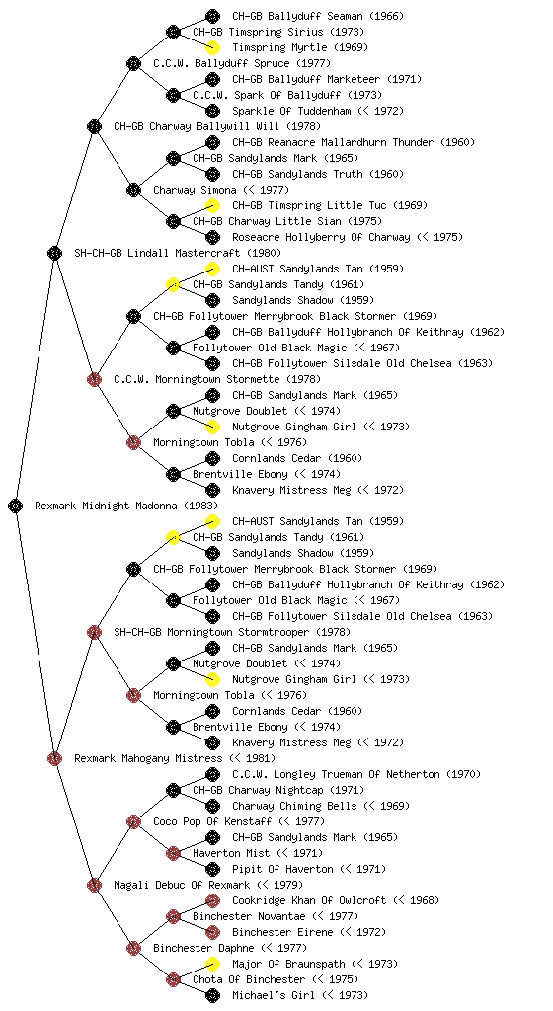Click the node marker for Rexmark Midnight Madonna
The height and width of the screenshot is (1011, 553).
[x=16, y=505]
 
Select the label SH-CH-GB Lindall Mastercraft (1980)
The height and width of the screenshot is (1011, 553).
[x=177, y=253]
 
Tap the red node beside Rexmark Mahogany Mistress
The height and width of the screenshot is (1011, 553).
[x=54, y=758]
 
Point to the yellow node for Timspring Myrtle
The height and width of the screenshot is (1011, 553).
[x=212, y=47]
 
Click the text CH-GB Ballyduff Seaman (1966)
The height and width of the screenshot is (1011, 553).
[x=318, y=16]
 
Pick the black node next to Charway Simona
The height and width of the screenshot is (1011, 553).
[x=133, y=190]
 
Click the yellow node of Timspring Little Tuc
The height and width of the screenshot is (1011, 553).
[x=212, y=205]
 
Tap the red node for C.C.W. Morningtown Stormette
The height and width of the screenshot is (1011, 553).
[x=94, y=379]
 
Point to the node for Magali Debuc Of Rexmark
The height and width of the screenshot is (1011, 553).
[x=94, y=885]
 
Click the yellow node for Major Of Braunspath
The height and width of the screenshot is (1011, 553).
[x=212, y=964]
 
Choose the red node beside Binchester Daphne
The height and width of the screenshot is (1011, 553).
[x=133, y=948]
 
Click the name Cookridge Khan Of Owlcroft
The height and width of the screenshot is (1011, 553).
[x=309, y=900]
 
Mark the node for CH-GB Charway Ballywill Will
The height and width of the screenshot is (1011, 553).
[x=94, y=126]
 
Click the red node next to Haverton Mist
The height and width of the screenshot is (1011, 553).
[x=173, y=853]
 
